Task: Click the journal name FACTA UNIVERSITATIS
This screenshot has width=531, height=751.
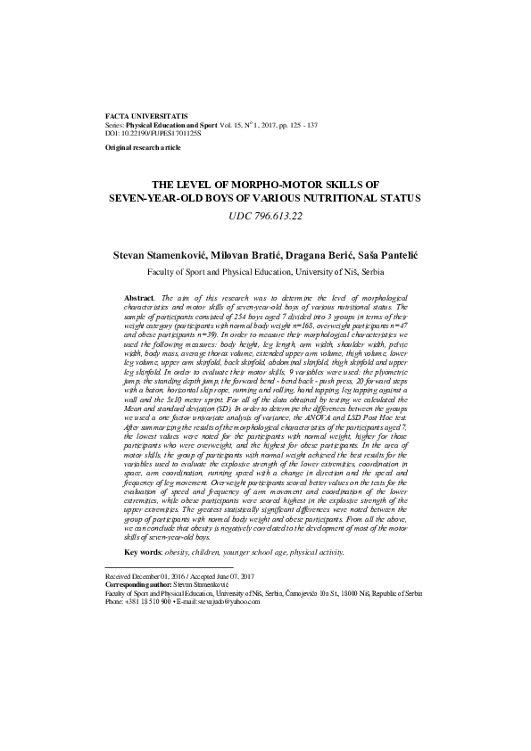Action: tap(146, 117)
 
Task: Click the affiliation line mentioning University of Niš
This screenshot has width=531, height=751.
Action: tap(266, 270)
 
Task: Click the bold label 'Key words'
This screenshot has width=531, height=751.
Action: tap(143, 553)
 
